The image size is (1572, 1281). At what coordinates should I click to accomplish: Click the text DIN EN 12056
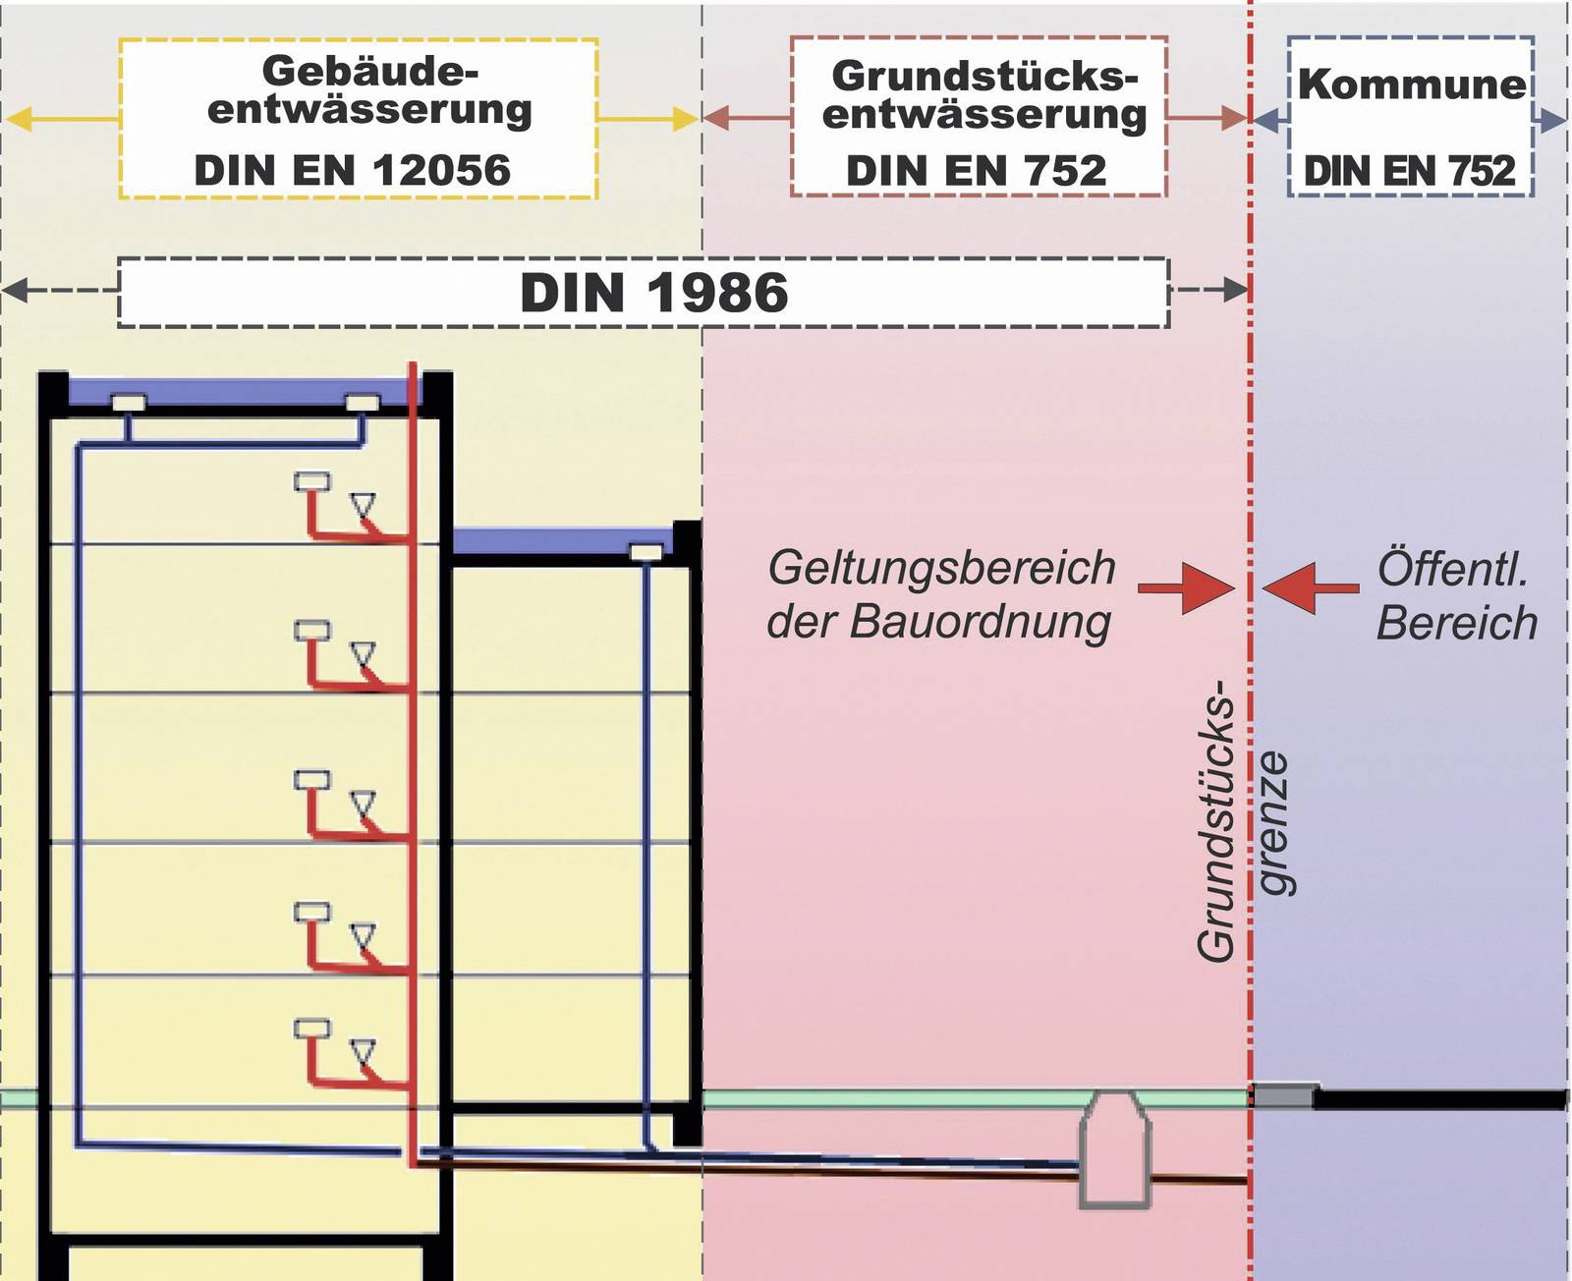tap(352, 171)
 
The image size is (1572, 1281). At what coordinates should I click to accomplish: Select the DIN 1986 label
tap(653, 293)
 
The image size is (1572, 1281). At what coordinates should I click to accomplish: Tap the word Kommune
tap(1412, 84)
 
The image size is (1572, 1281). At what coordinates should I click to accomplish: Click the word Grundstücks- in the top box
tap(983, 76)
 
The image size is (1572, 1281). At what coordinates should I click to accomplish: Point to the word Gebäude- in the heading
tap(369, 71)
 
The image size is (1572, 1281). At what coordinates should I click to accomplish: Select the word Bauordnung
tap(981, 623)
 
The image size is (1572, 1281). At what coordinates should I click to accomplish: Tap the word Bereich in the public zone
tap(1456, 623)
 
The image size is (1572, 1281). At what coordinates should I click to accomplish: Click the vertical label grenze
tap(1273, 823)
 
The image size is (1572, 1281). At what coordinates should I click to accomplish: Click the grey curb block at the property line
tap(1283, 1094)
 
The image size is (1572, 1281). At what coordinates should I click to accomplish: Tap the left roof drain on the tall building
tap(129, 403)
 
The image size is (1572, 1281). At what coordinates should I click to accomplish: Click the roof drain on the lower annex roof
tap(646, 553)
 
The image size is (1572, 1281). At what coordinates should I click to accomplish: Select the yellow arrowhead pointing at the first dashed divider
tap(685, 120)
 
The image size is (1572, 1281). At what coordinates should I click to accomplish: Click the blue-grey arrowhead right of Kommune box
tap(1552, 121)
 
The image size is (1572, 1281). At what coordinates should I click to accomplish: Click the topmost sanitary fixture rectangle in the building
tap(312, 481)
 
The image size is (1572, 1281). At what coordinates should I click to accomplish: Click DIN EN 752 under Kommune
tap(1409, 172)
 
